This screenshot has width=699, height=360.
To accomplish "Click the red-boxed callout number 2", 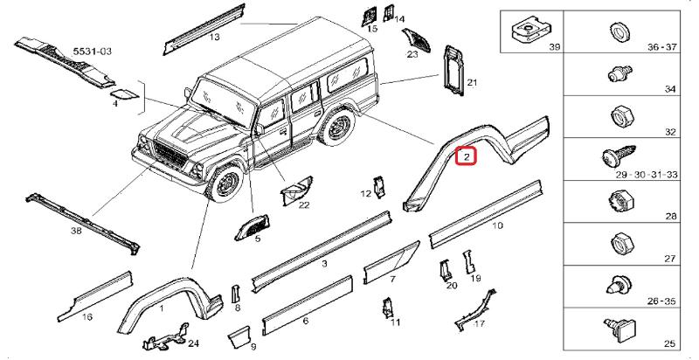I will click(467, 156).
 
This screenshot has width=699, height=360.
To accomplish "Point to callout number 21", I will click(471, 83).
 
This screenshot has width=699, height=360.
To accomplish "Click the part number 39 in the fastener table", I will click(551, 45).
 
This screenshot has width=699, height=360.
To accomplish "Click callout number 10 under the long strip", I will click(497, 225).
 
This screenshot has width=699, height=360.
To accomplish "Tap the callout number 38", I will click(76, 232).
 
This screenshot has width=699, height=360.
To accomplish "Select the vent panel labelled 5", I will click(252, 225).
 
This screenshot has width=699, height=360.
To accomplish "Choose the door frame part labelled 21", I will click(451, 66).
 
